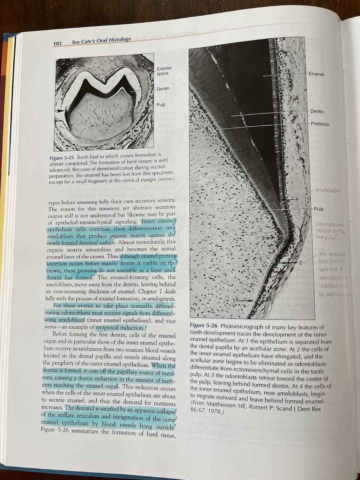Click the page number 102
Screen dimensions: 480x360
point(60,43)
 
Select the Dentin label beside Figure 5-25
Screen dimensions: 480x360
point(163,89)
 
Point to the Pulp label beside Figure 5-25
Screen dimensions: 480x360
point(161,105)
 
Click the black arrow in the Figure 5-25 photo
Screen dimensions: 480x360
point(60,110)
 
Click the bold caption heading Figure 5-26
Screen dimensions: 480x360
point(204,326)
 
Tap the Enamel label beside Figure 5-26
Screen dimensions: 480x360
point(316,74)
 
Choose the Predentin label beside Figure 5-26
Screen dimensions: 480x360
point(320,124)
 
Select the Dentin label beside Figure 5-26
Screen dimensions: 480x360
point(317,112)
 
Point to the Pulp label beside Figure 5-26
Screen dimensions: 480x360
point(319,209)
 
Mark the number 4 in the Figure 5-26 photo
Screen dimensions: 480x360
point(296,199)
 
